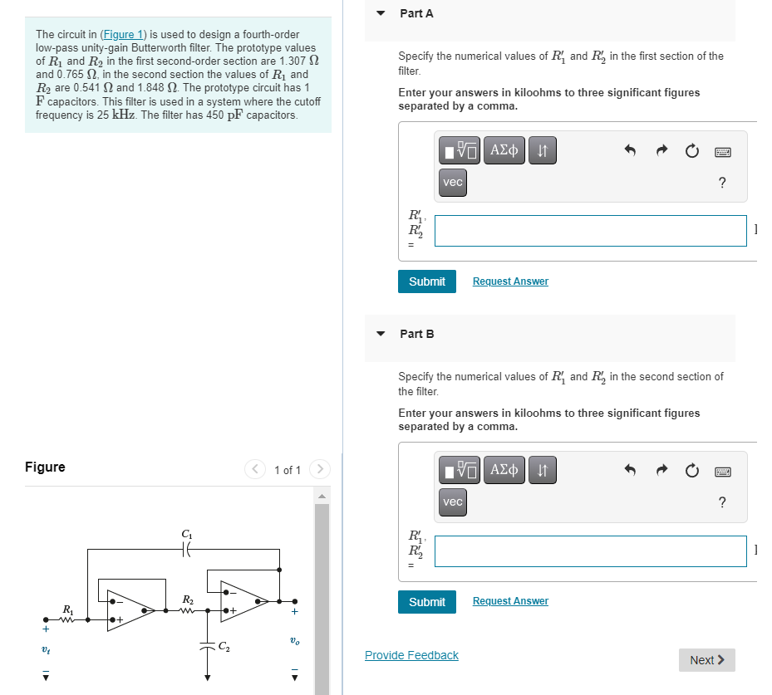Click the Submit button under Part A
pyautogui.click(x=427, y=281)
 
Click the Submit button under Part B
pyautogui.click(x=427, y=602)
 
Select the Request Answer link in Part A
pyautogui.click(x=510, y=281)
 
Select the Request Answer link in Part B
pyautogui.click(x=510, y=601)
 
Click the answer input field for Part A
pyautogui.click(x=590, y=231)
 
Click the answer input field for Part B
pyautogui.click(x=590, y=551)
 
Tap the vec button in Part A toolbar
pyautogui.click(x=453, y=183)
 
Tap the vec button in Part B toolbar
pyautogui.click(x=453, y=502)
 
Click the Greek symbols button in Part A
pyautogui.click(x=505, y=151)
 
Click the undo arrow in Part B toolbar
pyautogui.click(x=630, y=471)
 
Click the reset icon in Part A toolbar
pyautogui.click(x=691, y=151)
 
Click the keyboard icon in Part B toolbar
pyautogui.click(x=721, y=471)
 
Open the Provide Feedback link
pyautogui.click(x=411, y=655)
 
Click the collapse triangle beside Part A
pyautogui.click(x=381, y=13)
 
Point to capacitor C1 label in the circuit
pyautogui.click(x=185, y=532)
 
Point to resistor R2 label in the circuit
pyautogui.click(x=188, y=599)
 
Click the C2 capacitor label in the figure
pyautogui.click(x=224, y=647)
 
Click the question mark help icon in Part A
pyautogui.click(x=721, y=183)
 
